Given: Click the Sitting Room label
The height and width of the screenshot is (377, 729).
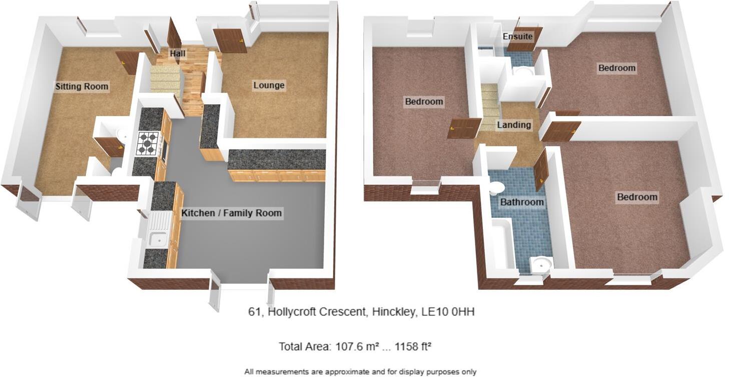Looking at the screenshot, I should tap(82, 87).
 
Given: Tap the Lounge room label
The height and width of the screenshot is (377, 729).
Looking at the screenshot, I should tap(269, 85).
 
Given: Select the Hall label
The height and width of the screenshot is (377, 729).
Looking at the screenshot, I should tap(177, 54).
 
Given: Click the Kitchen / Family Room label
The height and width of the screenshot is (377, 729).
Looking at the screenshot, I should tap(231, 213).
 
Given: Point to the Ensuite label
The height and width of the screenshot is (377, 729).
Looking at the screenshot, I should tap(517, 37).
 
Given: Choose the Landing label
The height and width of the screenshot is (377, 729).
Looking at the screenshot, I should tap(514, 125).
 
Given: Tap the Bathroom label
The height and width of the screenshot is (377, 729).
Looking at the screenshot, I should tap(522, 202).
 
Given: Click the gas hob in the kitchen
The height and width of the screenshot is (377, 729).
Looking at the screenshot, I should tap(148, 142).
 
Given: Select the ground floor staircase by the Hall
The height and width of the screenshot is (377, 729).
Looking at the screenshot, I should tap(166, 81).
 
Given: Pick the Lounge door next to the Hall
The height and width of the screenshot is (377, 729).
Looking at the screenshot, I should tap(230, 41).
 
